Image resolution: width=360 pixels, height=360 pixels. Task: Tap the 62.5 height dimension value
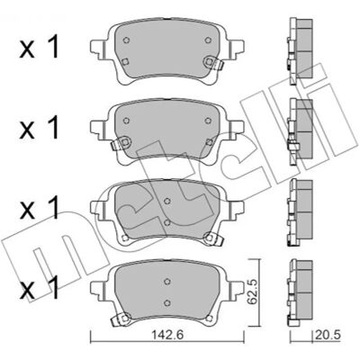coord(252,292)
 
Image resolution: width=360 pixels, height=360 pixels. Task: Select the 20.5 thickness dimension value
coord(328,335)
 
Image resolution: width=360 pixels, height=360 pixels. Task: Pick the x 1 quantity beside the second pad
coord(40,129)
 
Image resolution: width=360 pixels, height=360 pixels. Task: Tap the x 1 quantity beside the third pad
coord(40,209)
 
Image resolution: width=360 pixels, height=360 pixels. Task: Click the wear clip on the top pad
coord(213,63)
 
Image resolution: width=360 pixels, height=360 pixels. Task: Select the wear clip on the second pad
coord(121,143)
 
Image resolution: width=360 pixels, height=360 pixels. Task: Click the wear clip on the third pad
coord(213,238)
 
